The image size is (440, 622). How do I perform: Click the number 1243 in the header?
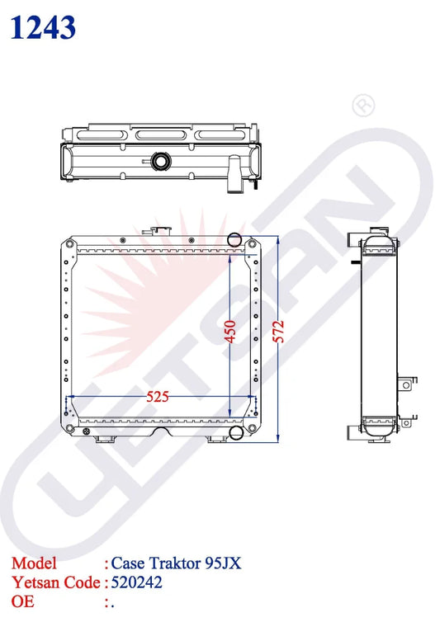43,27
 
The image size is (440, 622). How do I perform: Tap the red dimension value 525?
158,396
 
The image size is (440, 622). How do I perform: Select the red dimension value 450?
230,332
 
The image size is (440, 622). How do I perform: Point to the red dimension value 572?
279,332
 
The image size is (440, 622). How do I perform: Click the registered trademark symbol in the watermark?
363,105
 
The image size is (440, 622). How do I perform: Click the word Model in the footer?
34,563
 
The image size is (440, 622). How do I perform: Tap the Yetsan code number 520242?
136,582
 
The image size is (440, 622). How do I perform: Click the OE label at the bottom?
22,601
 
